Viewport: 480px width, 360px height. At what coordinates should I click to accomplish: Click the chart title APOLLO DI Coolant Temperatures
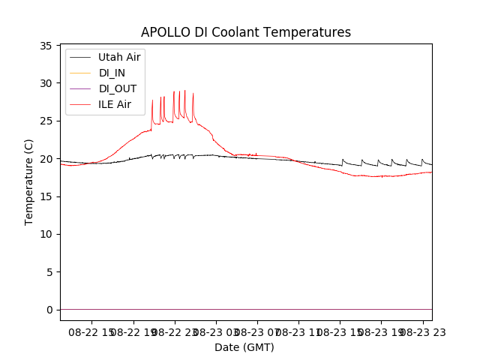tap(246, 32)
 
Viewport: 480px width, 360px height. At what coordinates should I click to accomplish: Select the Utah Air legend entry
tap(119, 57)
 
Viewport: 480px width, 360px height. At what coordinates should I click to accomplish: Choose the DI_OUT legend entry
tap(118, 88)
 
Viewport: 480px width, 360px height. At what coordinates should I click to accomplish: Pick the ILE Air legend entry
tap(115, 104)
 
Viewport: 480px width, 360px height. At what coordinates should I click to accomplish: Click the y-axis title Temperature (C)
tap(28, 181)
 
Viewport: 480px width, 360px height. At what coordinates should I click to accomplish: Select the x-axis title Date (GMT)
tap(244, 347)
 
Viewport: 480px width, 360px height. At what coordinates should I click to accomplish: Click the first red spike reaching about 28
tap(152, 100)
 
